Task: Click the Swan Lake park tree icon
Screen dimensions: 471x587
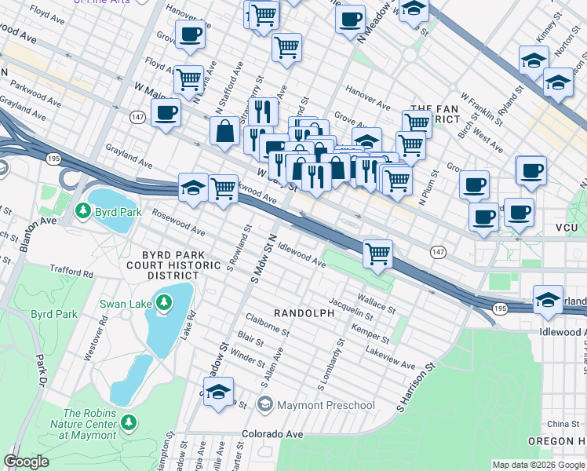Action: click(x=163, y=302)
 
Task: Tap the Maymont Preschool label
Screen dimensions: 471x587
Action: click(x=326, y=405)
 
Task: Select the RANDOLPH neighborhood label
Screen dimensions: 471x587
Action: click(x=304, y=312)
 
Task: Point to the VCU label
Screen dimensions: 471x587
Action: click(x=566, y=227)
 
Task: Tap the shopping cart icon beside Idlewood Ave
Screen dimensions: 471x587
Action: click(x=378, y=254)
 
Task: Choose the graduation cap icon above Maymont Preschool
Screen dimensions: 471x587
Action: click(x=219, y=394)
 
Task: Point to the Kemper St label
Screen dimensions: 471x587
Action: click(x=371, y=336)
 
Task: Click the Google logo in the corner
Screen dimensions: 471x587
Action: click(x=26, y=462)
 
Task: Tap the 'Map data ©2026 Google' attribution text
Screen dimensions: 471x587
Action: click(x=538, y=465)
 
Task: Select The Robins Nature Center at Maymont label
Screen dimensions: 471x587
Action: click(x=89, y=424)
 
